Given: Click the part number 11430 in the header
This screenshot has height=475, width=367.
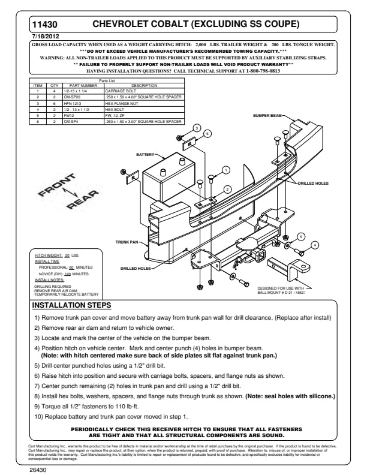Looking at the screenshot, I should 44,26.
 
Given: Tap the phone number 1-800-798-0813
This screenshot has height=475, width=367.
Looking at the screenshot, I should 263,71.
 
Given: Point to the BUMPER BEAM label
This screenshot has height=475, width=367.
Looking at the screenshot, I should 267,115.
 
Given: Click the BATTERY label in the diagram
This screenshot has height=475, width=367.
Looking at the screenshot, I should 145,155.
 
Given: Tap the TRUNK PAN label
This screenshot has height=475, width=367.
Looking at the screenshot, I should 126,242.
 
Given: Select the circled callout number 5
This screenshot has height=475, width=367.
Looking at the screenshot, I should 301,236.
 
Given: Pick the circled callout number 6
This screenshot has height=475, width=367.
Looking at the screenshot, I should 206,133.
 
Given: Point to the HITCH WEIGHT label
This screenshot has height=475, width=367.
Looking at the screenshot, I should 47,256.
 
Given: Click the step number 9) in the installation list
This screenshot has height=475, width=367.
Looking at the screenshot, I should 37,406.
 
